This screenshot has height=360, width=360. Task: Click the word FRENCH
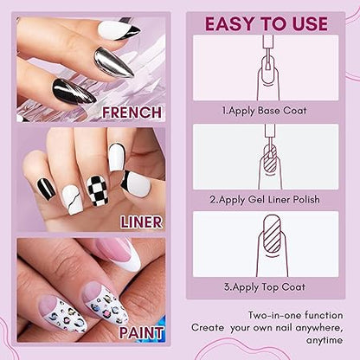click(132, 112)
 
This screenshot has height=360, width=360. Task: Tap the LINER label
click(141, 222)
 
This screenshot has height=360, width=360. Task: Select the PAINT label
click(141, 333)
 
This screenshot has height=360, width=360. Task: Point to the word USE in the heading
click(307, 23)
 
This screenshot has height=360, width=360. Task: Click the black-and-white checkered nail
click(98, 190)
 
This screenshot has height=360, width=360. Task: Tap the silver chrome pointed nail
click(114, 62)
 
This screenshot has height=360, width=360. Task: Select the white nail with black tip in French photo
click(119, 31)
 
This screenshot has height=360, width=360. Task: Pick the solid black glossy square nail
click(46, 189)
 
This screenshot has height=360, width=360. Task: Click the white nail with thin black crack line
click(72, 200)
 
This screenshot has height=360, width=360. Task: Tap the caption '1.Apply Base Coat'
click(264, 111)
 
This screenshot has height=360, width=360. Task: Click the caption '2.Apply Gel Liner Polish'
click(265, 199)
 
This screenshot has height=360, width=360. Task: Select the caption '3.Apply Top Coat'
click(265, 287)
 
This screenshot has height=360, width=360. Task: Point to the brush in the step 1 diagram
click(268, 53)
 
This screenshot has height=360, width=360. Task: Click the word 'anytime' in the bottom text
click(325, 340)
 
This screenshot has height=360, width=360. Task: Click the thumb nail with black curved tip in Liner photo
click(136, 183)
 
